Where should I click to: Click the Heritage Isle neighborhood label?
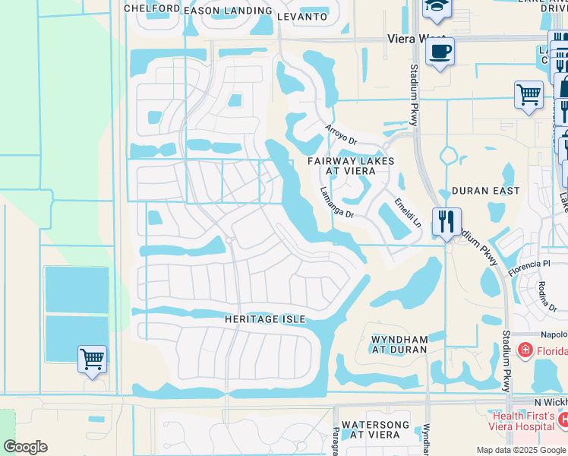[265, 320]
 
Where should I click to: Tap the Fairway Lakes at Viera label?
[351, 166]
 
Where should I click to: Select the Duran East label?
[486, 191]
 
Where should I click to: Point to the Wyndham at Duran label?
[399, 344]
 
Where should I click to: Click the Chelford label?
[152, 9]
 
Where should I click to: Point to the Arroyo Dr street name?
[341, 135]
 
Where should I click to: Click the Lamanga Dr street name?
[337, 204]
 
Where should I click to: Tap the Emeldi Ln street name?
[408, 214]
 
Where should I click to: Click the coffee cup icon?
[440, 52]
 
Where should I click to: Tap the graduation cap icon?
[436, 8]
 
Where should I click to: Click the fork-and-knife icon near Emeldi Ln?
[447, 222]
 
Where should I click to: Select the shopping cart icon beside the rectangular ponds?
[92, 359]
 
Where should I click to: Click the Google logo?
[25, 447]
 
